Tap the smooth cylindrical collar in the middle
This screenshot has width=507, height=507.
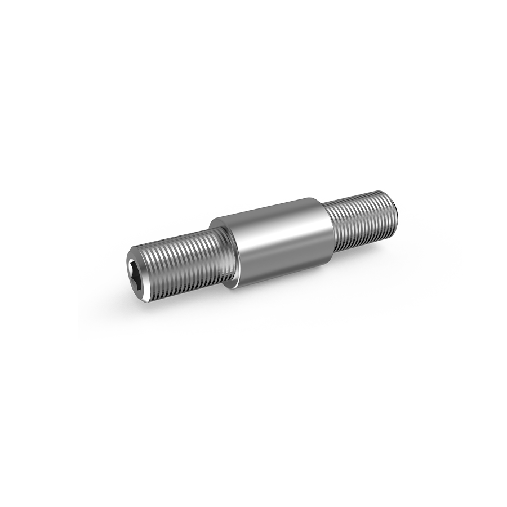click(x=276, y=242)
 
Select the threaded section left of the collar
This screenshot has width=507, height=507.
click(x=180, y=259)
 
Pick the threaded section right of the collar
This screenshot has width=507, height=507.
click(x=361, y=220)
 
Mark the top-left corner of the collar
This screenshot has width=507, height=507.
click(x=213, y=221)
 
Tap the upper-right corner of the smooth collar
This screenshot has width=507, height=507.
click(x=313, y=198)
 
